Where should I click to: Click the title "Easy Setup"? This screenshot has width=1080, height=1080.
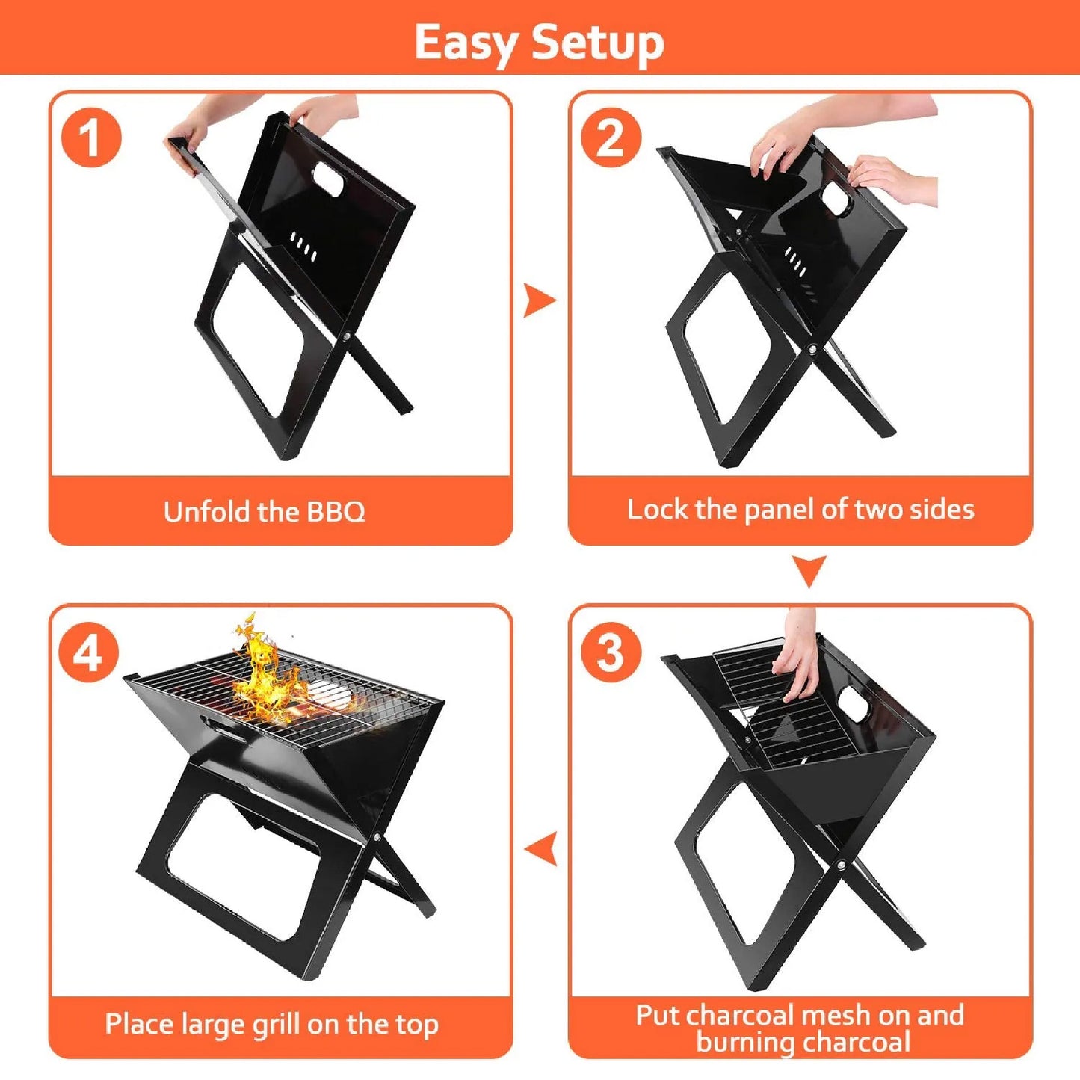coord(539,42)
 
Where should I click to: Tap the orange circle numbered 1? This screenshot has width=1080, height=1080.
coord(90,138)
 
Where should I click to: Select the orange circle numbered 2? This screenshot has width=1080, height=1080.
coord(611,138)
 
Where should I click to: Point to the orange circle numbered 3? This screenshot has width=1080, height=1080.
coord(611,652)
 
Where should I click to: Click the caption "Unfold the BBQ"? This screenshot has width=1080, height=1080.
coord(264,512)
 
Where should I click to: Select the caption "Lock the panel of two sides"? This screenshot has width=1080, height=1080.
coord(800,510)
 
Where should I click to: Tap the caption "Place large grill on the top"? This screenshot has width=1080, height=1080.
coord(271,1024)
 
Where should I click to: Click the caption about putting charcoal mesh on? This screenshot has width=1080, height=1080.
coord(800,1028)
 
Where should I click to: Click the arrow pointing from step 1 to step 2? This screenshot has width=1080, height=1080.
coord(539,300)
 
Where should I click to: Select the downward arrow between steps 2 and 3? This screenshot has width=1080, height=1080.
coord(809,571)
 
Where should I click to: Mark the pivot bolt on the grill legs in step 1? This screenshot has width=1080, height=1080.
coord(348,338)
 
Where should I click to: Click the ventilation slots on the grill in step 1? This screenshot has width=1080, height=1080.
coord(303,247)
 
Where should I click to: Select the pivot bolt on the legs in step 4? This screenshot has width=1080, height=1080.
coord(377,839)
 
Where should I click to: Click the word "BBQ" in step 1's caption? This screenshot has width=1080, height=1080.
coord(336,512)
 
